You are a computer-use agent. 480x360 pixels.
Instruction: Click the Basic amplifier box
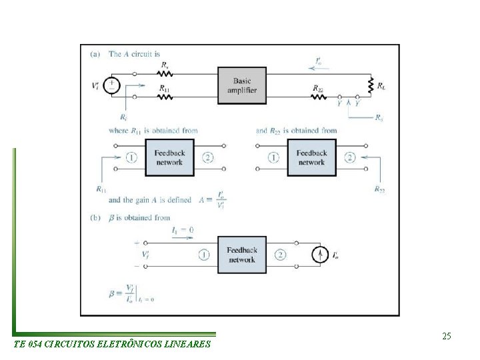coord(242,85)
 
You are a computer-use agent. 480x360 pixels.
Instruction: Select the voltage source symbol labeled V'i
coord(111,85)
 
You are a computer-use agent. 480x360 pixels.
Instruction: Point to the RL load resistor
coord(368,85)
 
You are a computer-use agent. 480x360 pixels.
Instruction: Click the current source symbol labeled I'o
coord(321,255)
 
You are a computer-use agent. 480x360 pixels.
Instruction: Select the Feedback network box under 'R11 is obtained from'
coord(169,157)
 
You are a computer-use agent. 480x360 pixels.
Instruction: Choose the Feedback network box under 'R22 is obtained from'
coord(311,157)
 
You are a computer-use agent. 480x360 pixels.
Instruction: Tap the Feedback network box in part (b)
coord(242,255)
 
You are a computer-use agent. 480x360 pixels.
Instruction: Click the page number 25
coord(447,336)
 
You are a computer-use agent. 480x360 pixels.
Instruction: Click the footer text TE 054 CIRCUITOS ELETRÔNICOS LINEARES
coord(111,345)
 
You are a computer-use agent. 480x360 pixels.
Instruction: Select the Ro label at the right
coord(379,118)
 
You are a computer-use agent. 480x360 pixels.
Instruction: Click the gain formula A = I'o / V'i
coord(213,201)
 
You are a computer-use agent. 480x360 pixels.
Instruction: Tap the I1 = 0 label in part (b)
coord(183,229)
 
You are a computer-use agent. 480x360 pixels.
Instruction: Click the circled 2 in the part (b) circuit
coord(281,255)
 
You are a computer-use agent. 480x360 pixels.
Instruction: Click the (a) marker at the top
coord(94,54)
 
